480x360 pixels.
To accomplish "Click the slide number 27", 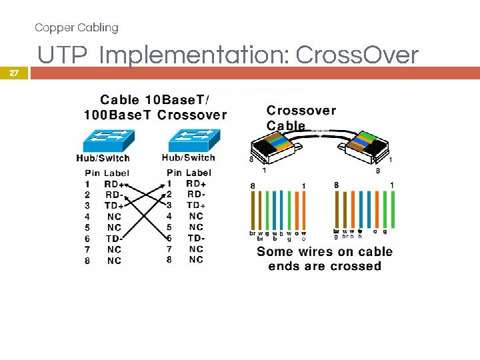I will pos(14,74).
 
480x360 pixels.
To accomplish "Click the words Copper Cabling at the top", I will pos(77,27).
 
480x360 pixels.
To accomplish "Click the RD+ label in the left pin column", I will pos(114,184).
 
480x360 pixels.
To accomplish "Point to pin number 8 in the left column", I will pos(87,261).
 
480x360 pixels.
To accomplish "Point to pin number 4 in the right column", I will pos(169,216).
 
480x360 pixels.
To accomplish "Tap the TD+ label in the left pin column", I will pos(114,206).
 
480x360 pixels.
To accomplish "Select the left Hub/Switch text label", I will pos(103,159).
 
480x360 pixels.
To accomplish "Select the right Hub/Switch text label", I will pos(189,158).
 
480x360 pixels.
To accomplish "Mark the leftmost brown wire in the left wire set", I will pos(253,209).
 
